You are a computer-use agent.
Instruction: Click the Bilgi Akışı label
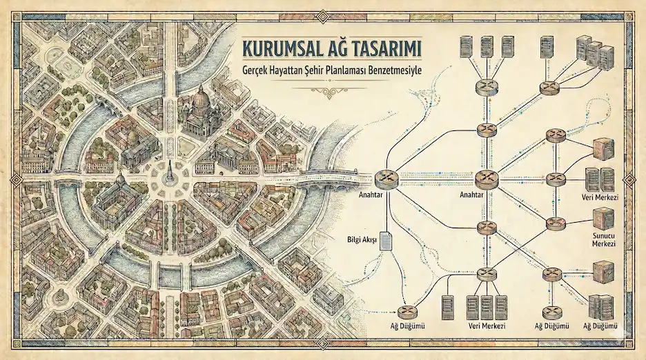[361, 240]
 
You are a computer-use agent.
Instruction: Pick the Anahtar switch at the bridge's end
[386, 179]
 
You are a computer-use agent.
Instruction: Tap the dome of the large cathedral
[200, 98]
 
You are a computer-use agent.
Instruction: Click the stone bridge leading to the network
[335, 177]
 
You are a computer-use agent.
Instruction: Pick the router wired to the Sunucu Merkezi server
[556, 223]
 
